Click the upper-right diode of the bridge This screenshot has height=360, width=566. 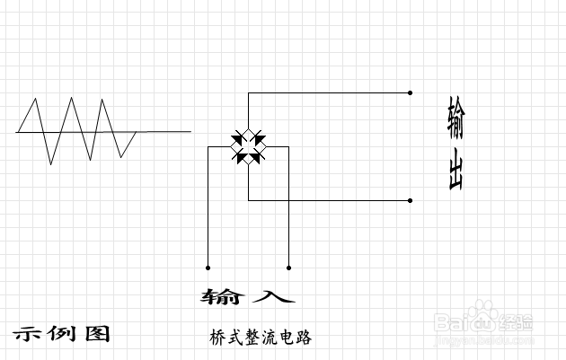(x=258, y=137)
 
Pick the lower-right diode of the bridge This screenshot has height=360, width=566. (x=258, y=157)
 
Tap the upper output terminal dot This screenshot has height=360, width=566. (x=411, y=92)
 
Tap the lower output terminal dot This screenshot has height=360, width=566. (x=411, y=200)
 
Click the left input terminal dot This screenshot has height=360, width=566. (x=208, y=267)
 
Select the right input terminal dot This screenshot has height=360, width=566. (x=288, y=267)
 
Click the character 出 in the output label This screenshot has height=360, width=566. (x=455, y=171)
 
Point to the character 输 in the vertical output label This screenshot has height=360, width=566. (x=455, y=116)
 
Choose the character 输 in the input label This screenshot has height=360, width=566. (x=221, y=295)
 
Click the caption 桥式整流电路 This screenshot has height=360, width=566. (x=260, y=338)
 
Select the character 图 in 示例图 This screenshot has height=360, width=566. (x=96, y=333)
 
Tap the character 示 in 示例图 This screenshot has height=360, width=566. (x=26, y=333)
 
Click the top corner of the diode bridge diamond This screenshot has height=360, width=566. (x=248, y=127)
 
